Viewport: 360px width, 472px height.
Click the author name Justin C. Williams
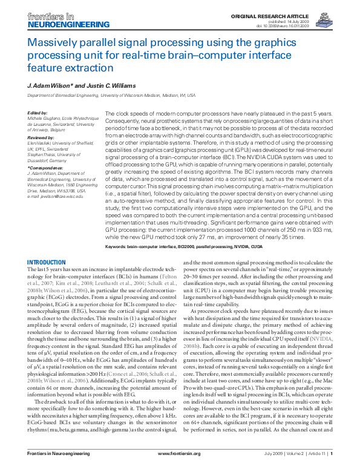pos(116,85)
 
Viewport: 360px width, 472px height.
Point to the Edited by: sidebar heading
pos(38,113)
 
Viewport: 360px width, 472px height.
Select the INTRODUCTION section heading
pos(47,262)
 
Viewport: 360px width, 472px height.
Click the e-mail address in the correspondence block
pos(57,197)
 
